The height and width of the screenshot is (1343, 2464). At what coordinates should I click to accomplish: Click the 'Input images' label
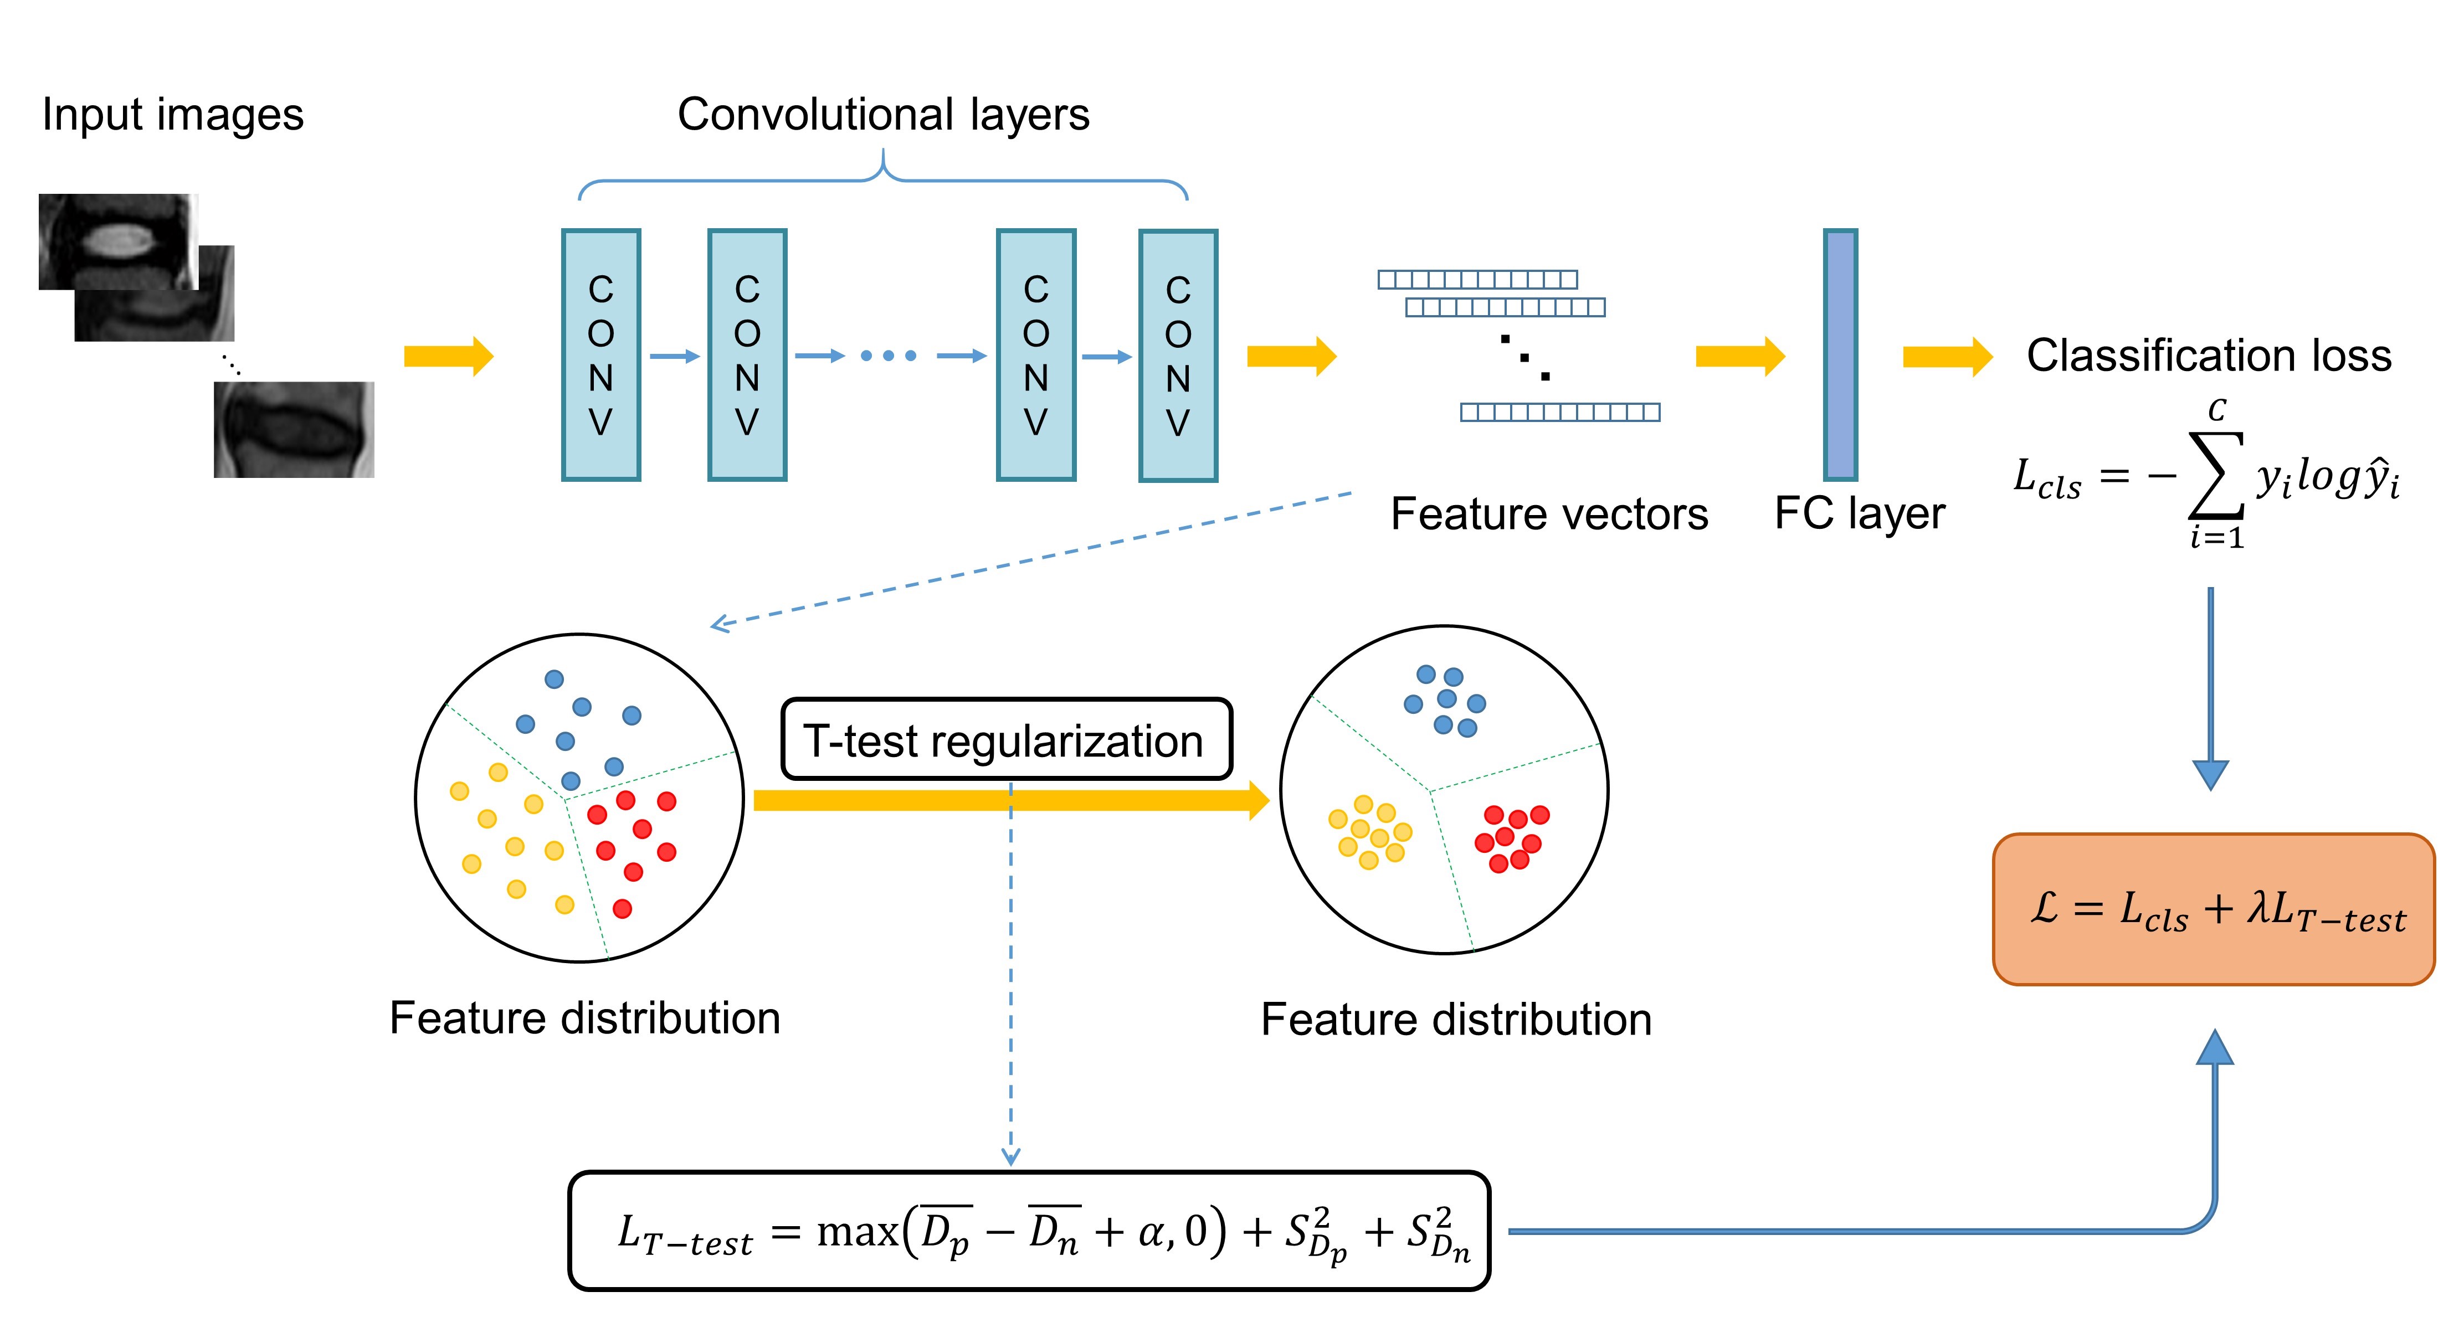click(172, 115)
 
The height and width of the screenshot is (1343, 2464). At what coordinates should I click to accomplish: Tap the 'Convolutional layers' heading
click(883, 115)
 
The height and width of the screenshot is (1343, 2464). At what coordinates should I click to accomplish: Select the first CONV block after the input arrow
click(600, 355)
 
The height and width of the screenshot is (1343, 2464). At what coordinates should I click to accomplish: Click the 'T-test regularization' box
click(1006, 739)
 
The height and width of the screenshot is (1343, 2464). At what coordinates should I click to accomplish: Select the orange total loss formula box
click(2213, 909)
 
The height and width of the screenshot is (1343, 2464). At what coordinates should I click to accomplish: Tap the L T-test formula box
click(1029, 1231)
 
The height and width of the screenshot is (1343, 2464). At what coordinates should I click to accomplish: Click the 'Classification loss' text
click(2209, 356)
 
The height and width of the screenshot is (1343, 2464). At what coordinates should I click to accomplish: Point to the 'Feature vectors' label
click(1549, 514)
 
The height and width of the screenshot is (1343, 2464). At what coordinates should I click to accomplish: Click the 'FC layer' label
click(1859, 514)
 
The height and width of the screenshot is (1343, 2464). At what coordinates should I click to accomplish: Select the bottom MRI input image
click(294, 430)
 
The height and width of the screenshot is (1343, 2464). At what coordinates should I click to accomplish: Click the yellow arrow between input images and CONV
click(448, 357)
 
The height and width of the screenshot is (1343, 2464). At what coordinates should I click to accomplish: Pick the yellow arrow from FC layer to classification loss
click(1947, 357)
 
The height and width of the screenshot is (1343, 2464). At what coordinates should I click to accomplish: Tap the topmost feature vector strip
click(1477, 279)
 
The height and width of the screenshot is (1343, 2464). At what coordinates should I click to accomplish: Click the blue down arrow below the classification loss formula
click(2210, 689)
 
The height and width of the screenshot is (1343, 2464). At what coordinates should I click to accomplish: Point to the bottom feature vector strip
click(1560, 412)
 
